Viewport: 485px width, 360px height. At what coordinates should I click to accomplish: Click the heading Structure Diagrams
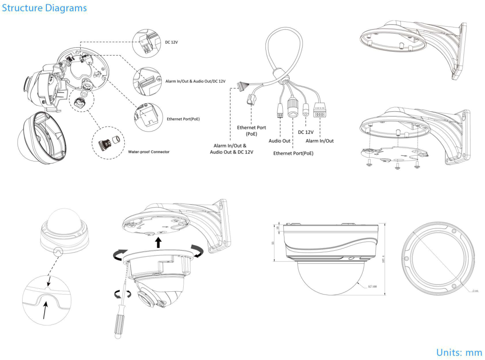click(44, 8)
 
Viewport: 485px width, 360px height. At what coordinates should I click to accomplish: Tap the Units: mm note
click(459, 352)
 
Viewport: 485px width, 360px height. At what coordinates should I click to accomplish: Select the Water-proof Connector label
click(149, 152)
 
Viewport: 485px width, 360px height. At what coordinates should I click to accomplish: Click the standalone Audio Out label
click(279, 141)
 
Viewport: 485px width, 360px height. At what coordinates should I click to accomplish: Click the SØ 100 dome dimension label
click(371, 287)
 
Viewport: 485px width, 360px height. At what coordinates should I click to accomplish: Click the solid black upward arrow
click(158, 242)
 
